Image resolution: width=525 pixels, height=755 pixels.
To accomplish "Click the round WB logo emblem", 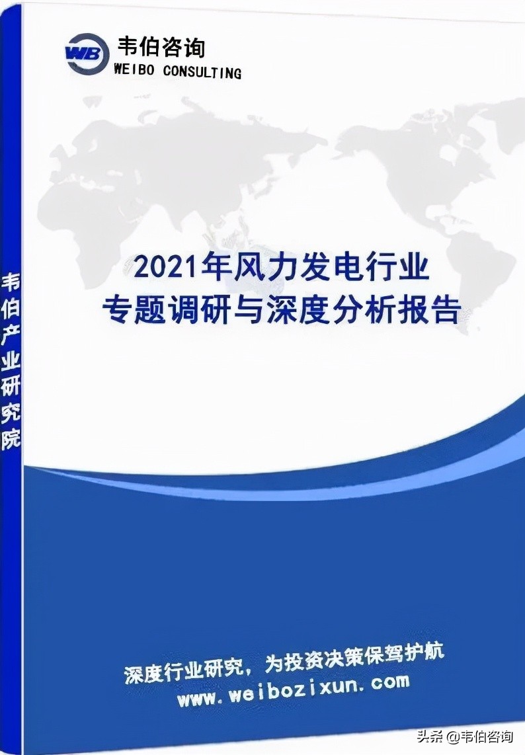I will pos(87,54).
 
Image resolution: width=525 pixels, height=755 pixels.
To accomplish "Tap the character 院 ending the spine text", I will pos(11,440).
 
